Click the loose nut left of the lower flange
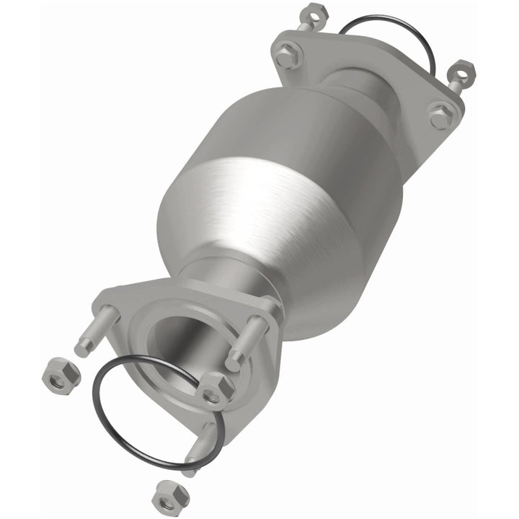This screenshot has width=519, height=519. click(x=61, y=373)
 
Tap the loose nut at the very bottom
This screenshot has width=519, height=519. click(x=169, y=496)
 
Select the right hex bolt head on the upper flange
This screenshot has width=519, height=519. click(x=440, y=116)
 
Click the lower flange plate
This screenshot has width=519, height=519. click(x=130, y=303)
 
